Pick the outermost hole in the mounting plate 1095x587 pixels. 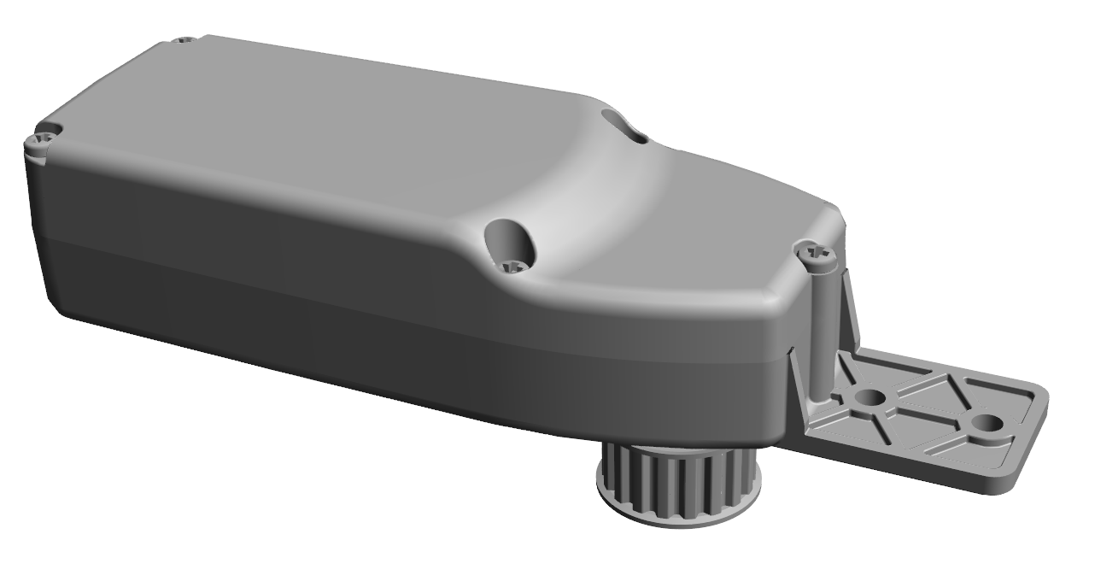coord(987,423)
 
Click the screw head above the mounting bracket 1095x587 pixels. coord(817,254)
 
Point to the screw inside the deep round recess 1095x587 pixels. coord(514,266)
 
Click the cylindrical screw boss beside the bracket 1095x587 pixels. coord(821,333)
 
